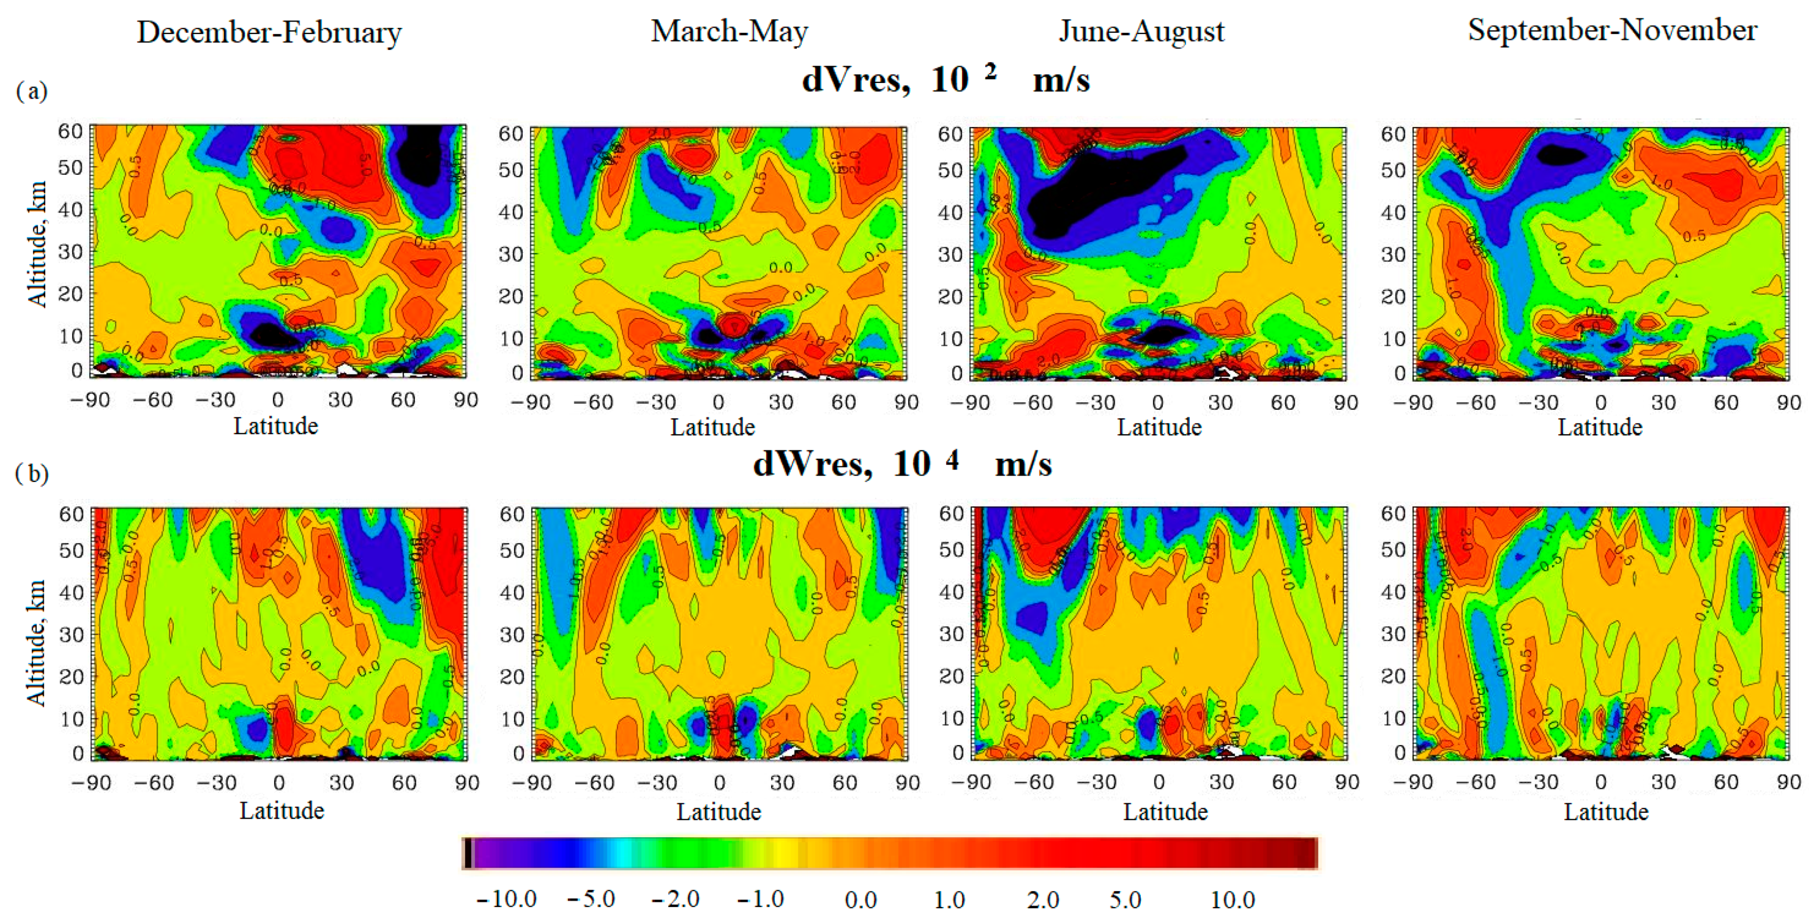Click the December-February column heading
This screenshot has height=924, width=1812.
(269, 32)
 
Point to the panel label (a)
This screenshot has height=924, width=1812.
(32, 91)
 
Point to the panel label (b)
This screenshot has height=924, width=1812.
(32, 474)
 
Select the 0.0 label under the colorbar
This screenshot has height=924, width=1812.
(860, 900)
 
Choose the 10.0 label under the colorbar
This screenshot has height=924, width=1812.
(1233, 900)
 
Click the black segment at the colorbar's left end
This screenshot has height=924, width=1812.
(468, 853)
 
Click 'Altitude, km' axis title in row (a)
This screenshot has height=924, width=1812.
(36, 244)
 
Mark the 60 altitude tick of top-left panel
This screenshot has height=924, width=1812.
(71, 131)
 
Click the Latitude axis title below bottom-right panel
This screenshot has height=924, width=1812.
(1606, 811)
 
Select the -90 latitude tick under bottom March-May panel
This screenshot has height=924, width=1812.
(531, 782)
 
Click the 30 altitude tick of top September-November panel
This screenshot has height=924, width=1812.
(1393, 254)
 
